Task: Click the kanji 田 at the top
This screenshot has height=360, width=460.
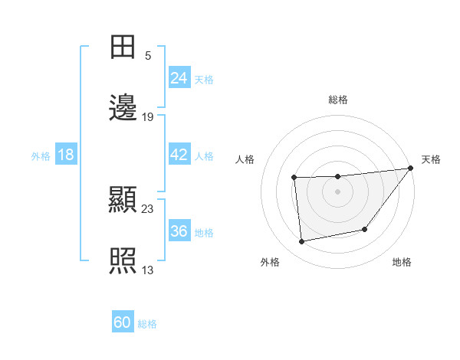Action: tap(123, 47)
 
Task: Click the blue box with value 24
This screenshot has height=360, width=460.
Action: tap(179, 77)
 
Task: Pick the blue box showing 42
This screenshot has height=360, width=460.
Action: tap(179, 155)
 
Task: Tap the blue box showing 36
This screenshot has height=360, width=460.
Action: tap(179, 231)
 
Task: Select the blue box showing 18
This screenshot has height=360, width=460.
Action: tap(66, 155)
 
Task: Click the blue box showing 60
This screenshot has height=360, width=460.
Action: tap(123, 322)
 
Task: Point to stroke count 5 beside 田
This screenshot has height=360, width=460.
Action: tap(148, 55)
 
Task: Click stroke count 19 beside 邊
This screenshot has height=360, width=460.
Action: tap(148, 117)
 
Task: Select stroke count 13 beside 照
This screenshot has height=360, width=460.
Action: tap(148, 270)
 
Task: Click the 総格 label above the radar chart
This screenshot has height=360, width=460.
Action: tap(338, 100)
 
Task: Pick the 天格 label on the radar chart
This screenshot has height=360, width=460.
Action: tap(431, 159)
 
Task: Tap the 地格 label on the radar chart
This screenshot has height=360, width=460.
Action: tap(402, 262)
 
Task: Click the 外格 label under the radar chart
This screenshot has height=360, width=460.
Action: tap(270, 262)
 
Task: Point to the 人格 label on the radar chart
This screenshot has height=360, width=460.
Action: tap(245, 159)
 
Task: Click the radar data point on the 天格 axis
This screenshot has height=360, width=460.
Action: tap(410, 169)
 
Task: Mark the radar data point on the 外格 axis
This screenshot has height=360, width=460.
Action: tap(302, 242)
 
